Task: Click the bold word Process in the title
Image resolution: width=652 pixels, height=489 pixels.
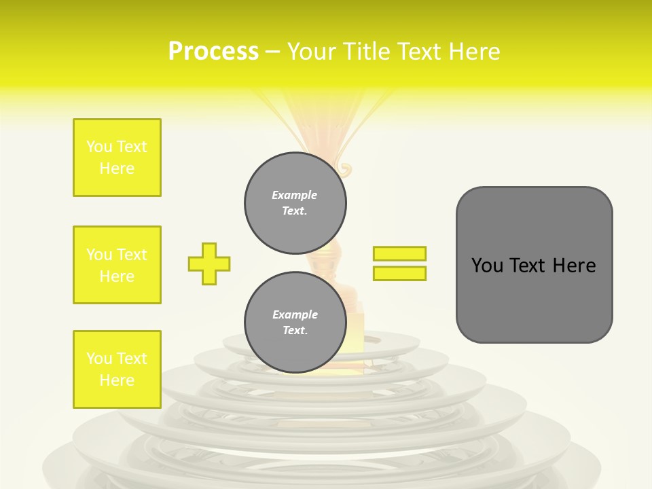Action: pos(213,52)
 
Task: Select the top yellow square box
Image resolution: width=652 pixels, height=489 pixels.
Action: pos(117,158)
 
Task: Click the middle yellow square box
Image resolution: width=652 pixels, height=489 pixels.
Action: pos(117,265)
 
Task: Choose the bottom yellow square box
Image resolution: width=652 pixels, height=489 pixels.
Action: pos(117,369)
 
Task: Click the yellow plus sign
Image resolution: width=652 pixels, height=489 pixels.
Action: pos(209,264)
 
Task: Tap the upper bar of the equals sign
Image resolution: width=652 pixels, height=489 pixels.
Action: pos(399,253)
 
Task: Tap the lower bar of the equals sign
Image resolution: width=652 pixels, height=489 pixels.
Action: pos(399,273)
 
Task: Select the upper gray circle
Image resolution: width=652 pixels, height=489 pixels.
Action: pos(295,202)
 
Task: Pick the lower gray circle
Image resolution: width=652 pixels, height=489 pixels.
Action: pos(295,322)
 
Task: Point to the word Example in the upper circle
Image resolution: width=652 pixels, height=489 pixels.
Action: pos(295,195)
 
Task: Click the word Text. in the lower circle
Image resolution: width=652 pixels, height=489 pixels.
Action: pos(295,331)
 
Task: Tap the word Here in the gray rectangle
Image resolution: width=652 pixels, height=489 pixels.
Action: pos(574,266)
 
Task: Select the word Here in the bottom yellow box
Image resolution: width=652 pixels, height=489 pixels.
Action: pos(117,380)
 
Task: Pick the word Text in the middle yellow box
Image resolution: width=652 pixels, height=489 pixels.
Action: pos(132,255)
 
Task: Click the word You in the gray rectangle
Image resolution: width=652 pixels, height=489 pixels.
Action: pos(487,266)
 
